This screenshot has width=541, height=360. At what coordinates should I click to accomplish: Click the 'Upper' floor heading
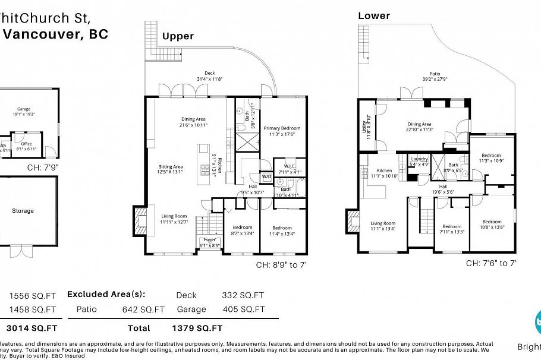178,36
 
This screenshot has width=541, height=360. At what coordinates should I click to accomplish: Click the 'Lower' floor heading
374,16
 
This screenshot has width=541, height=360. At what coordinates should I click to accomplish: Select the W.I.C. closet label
290,169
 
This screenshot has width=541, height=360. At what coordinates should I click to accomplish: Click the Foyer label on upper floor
210,240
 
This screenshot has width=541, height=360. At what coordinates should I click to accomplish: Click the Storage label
23,211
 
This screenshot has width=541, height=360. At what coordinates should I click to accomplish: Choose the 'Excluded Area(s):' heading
106,294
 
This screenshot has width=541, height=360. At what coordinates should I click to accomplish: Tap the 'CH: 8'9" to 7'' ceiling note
282,266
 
